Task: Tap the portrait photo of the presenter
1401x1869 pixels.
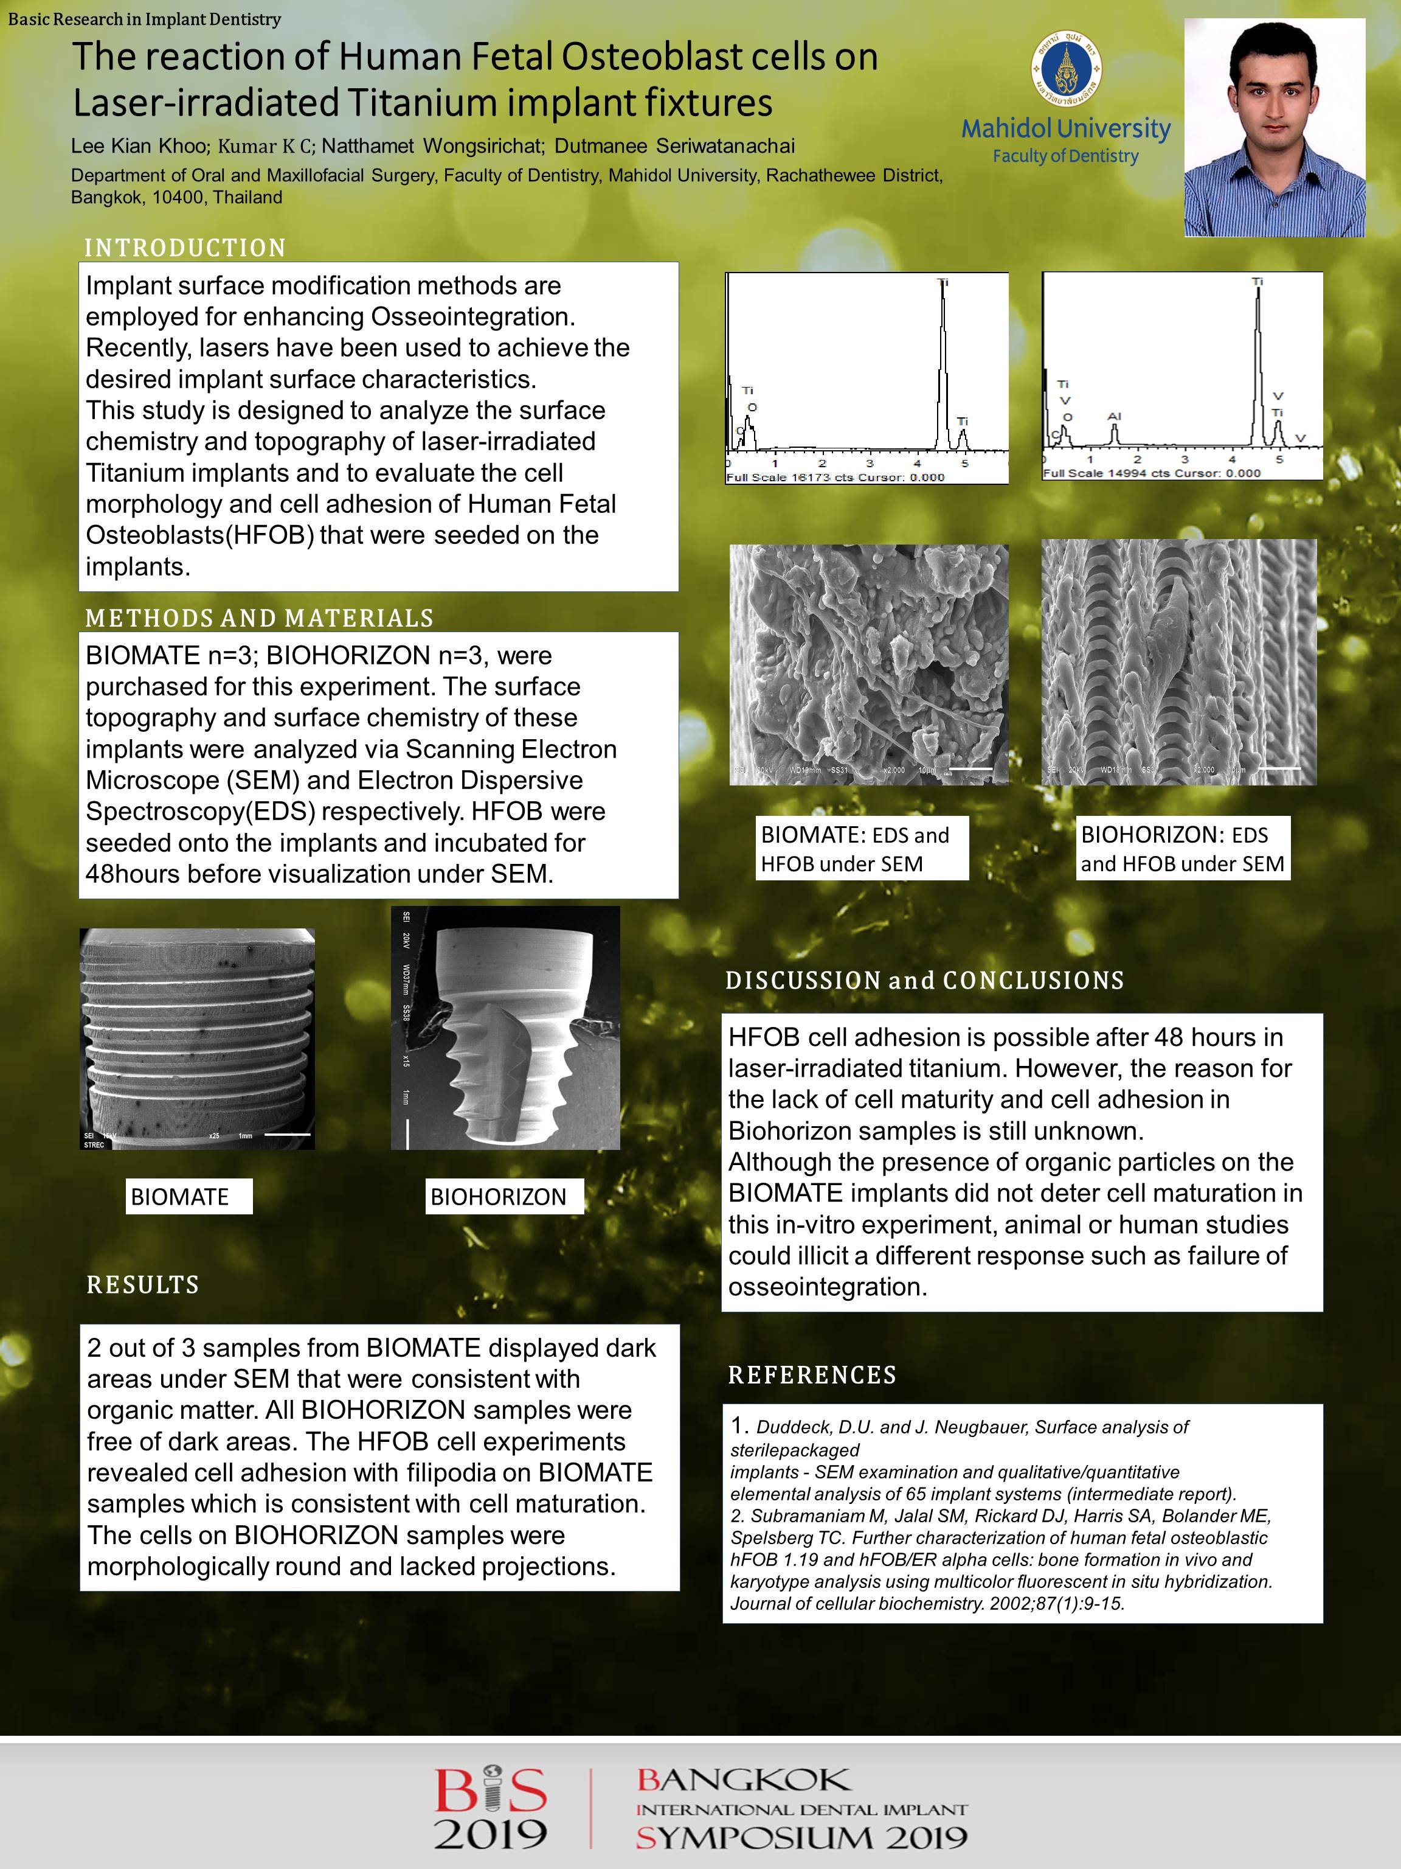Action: pyautogui.click(x=1275, y=128)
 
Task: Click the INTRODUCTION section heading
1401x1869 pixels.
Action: pyautogui.click(x=185, y=248)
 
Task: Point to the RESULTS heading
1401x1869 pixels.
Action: pyautogui.click(x=143, y=1284)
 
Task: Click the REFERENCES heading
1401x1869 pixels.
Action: pyautogui.click(x=812, y=1375)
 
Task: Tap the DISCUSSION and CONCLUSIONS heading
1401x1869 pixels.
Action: pyautogui.click(x=925, y=980)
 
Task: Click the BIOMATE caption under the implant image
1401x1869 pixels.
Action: pyautogui.click(x=189, y=1197)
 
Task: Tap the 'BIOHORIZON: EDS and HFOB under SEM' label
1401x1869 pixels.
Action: pyautogui.click(x=1182, y=848)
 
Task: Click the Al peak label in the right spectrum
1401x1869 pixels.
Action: pyautogui.click(x=1114, y=417)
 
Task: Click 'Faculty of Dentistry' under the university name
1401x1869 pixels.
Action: pyautogui.click(x=1066, y=156)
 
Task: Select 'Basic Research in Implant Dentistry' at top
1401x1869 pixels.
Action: pyautogui.click(x=144, y=19)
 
